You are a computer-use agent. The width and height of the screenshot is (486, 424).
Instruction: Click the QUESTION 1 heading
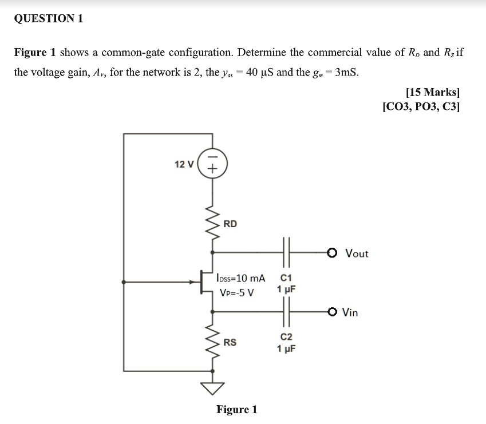49,18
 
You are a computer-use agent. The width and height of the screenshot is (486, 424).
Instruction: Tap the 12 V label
184,164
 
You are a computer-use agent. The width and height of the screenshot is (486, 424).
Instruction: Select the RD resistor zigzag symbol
212,224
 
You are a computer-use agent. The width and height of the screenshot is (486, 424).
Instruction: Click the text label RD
230,224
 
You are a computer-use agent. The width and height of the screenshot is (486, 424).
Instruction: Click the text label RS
230,343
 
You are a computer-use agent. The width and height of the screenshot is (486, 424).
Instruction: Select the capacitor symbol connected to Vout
286,252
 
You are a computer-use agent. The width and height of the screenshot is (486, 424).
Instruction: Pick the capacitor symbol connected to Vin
286,312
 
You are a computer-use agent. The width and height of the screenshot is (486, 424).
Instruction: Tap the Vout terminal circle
333,252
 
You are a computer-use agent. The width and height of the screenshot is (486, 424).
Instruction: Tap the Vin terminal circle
333,312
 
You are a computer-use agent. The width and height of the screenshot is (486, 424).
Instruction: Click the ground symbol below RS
212,388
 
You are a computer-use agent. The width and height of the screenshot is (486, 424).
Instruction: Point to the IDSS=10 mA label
241,278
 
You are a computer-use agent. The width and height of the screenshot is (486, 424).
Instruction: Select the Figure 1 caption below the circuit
236,410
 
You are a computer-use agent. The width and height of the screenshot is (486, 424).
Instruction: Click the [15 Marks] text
432,92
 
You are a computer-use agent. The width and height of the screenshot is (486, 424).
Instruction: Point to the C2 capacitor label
286,338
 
